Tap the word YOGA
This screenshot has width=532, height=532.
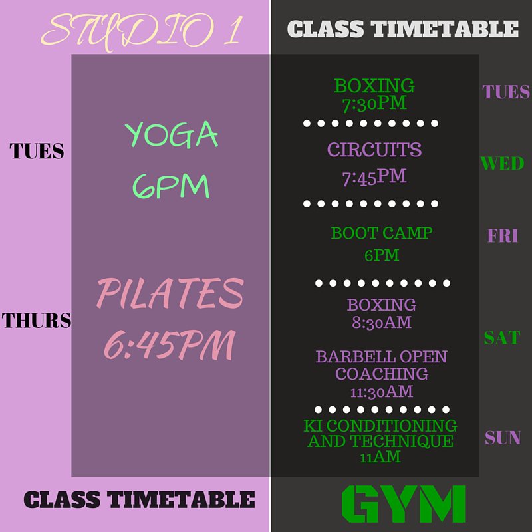(x=172, y=135)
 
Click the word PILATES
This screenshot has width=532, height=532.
(x=170, y=293)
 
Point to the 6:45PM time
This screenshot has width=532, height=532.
(x=170, y=344)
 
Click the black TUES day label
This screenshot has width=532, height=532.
(x=37, y=152)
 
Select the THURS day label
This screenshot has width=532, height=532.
(x=36, y=321)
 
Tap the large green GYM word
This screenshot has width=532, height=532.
(x=404, y=505)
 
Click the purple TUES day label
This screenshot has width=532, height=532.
(x=506, y=92)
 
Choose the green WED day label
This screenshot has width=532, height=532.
(x=502, y=163)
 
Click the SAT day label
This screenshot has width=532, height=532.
(x=501, y=338)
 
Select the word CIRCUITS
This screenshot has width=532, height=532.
(x=374, y=150)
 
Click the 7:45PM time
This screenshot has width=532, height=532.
(x=374, y=177)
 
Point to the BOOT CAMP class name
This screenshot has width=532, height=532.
(x=381, y=233)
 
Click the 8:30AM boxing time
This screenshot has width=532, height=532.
(x=381, y=323)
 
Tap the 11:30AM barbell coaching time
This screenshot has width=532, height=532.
(x=381, y=391)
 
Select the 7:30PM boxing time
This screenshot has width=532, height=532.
(x=374, y=103)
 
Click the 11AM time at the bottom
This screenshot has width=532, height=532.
(x=380, y=457)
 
